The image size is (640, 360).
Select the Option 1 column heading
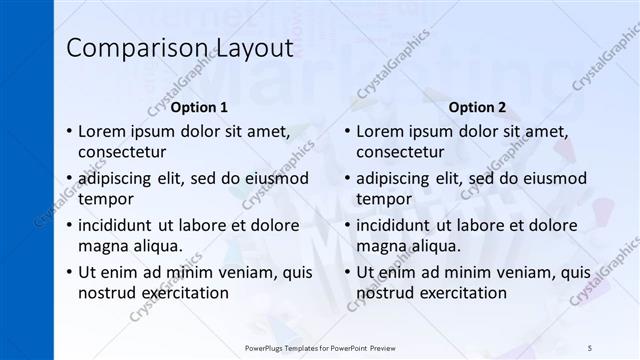199,107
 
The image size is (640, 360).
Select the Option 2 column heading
477,107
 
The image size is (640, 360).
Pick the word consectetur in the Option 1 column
122,152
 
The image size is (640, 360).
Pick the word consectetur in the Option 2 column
400,152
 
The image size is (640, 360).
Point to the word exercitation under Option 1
184,293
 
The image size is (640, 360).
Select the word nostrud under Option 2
384,293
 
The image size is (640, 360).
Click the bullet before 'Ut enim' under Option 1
67,272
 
